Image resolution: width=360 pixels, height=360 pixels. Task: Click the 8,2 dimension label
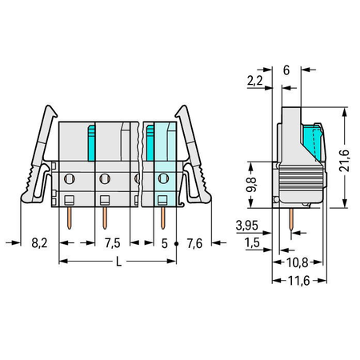pos(39,243)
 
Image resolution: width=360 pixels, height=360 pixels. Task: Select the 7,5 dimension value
pos(112,243)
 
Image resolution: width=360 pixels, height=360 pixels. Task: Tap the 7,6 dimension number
pos(194,243)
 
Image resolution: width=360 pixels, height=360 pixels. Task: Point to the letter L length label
pos(118,262)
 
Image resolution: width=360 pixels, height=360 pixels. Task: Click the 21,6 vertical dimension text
pos(344,161)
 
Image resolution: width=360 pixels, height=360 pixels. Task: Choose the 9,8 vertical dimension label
pos(251,185)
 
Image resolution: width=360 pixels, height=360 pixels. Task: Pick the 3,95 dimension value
pos(247,226)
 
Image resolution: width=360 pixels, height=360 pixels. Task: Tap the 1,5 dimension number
pos(252,242)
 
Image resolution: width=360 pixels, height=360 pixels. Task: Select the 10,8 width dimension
pos(297,262)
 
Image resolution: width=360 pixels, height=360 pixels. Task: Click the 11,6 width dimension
pos(298,281)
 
